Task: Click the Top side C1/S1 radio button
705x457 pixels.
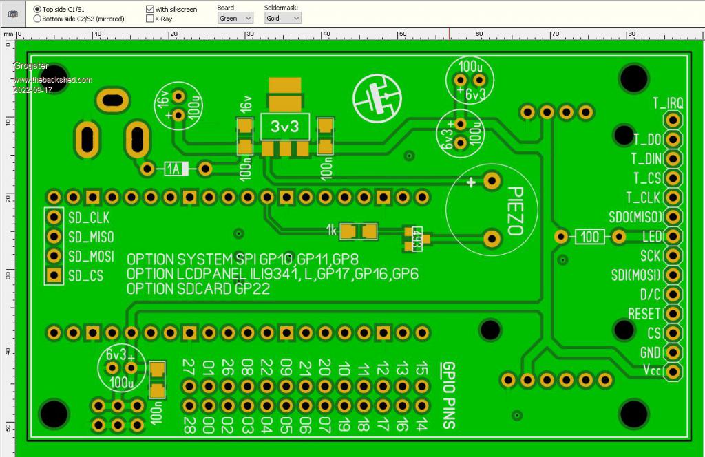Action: coord(37,9)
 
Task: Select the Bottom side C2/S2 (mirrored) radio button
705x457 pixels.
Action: coord(37,19)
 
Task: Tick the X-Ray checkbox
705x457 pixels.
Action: coord(150,19)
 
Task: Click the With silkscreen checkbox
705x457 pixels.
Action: coord(150,9)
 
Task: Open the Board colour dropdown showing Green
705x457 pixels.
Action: coord(235,19)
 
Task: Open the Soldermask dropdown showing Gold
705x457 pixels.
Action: coord(282,19)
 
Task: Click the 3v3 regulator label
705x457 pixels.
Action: coord(285,127)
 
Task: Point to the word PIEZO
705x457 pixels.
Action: coord(516,210)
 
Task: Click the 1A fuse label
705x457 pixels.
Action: coord(176,169)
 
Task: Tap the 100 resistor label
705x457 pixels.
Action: coord(590,237)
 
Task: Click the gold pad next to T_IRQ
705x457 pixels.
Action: coord(673,120)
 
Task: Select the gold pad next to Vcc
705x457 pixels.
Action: coord(673,372)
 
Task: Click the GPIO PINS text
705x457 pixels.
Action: coord(448,395)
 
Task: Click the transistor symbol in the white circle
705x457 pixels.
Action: coord(376,97)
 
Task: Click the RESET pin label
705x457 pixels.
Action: coord(644,314)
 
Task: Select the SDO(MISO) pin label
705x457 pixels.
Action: coord(635,217)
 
